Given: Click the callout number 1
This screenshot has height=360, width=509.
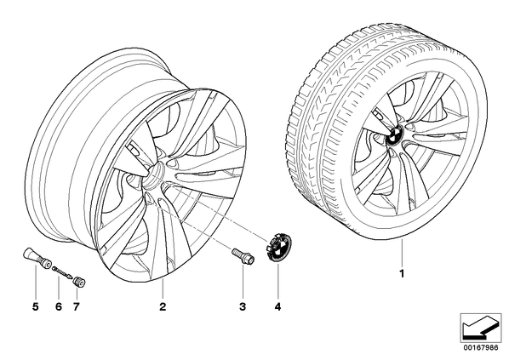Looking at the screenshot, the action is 402,274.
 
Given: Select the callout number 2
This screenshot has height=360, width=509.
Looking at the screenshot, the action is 163,306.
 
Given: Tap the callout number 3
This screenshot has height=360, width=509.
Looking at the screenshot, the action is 243,306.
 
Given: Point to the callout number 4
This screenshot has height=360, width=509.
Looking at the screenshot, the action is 277,306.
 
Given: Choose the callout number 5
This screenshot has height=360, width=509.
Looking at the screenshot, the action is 36,306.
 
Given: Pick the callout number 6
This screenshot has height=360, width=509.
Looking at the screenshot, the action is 59,306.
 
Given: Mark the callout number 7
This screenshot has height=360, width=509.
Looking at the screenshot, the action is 76,306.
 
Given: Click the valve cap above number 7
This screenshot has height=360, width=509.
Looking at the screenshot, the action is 79,282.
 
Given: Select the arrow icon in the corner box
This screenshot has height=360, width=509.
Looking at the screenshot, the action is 480,329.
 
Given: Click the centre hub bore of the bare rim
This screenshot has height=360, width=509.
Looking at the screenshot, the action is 153,175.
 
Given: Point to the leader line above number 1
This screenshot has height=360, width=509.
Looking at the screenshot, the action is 402,252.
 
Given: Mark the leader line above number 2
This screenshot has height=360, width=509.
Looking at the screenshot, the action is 163,289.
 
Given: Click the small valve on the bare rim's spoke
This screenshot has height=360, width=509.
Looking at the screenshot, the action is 134,148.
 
